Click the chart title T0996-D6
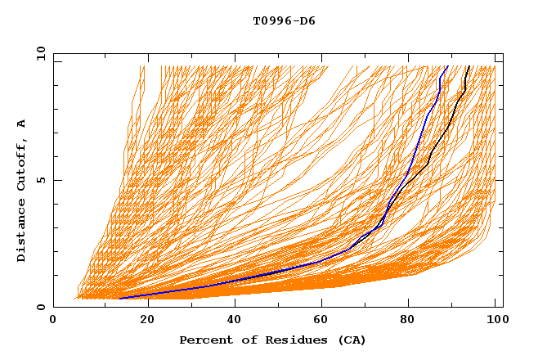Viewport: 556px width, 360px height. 284,21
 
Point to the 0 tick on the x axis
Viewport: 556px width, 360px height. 54,320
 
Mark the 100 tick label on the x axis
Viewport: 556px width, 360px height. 495,320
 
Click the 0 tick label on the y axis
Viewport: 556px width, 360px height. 40,307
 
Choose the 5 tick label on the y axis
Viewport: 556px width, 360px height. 40,180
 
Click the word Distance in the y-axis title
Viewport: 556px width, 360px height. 22,230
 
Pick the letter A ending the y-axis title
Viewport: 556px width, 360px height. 22,124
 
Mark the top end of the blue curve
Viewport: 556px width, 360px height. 447,66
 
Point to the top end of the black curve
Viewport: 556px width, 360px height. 469,66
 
